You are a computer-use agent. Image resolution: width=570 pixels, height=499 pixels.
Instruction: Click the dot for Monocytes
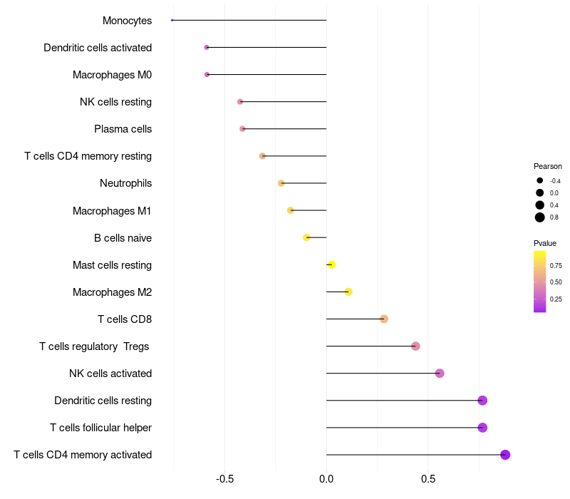[x=172, y=20]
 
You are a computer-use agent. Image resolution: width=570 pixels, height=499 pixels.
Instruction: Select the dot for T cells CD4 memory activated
[x=505, y=455]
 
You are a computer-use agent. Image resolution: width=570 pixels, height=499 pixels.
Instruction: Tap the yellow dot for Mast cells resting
[x=331, y=264]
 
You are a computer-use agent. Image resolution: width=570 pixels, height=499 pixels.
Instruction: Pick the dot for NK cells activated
[x=440, y=374]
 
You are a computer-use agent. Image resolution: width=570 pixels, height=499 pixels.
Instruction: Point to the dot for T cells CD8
[x=384, y=319]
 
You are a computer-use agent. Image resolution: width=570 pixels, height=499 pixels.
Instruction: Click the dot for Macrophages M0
[x=207, y=74]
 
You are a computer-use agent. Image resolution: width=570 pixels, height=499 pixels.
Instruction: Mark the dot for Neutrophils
[x=281, y=183]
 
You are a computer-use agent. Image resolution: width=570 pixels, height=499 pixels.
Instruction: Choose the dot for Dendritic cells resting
[x=482, y=401]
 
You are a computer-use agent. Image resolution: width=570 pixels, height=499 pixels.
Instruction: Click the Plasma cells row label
[x=123, y=129]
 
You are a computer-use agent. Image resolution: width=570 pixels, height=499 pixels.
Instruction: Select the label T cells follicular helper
[x=100, y=428]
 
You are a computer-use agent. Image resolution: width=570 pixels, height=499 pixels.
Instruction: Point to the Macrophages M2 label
[x=112, y=292]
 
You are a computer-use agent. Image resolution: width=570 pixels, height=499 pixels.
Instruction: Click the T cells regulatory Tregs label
[x=95, y=346]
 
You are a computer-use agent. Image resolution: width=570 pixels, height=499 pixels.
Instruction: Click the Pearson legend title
[x=548, y=166]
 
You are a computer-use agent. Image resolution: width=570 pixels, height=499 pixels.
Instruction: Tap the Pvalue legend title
[x=545, y=243]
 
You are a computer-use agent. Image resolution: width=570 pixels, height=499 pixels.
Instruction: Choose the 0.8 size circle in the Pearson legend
[x=540, y=217]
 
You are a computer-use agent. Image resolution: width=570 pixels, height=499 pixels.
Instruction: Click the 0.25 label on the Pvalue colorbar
[x=556, y=299]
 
